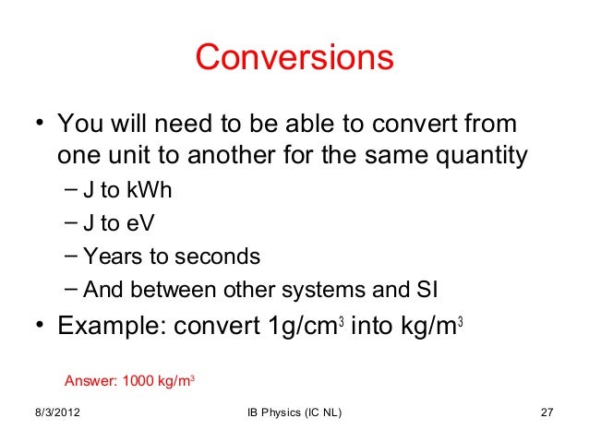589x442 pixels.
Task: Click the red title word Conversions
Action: pyautogui.click(x=294, y=58)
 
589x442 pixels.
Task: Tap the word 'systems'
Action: pyautogui.click(x=319, y=289)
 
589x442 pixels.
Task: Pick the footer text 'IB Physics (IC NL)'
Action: pyautogui.click(x=294, y=423)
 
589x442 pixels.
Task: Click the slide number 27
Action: pyautogui.click(x=544, y=423)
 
